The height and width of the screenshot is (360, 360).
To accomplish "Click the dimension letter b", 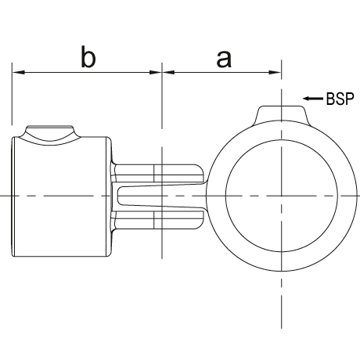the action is point(88,57).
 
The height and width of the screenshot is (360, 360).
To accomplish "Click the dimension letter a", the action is point(224,59).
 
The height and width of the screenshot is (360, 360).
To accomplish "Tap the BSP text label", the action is point(340,99).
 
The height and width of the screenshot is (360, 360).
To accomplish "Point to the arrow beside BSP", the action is point(313,99).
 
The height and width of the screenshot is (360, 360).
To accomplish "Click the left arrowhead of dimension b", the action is point(18,72).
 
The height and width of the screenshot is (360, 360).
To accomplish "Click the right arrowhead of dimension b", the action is point(156,72).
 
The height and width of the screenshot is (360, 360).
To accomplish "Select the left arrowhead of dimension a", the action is point(168,72).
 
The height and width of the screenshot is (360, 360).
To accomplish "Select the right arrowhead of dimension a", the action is point(275,72).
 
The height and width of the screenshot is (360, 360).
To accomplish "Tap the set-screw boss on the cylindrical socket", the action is point(50,134).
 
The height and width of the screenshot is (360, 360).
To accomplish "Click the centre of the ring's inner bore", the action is point(282,196).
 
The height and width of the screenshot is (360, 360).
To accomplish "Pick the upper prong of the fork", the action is point(158,173).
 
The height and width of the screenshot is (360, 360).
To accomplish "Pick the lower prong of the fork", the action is point(158,220).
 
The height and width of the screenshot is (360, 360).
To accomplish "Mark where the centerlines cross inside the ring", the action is point(282,196).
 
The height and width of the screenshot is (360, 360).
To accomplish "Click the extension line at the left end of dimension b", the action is point(12,94).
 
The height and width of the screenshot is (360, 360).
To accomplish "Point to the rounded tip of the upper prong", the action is point(200,173).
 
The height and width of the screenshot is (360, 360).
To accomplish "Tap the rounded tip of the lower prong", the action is point(200,220).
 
